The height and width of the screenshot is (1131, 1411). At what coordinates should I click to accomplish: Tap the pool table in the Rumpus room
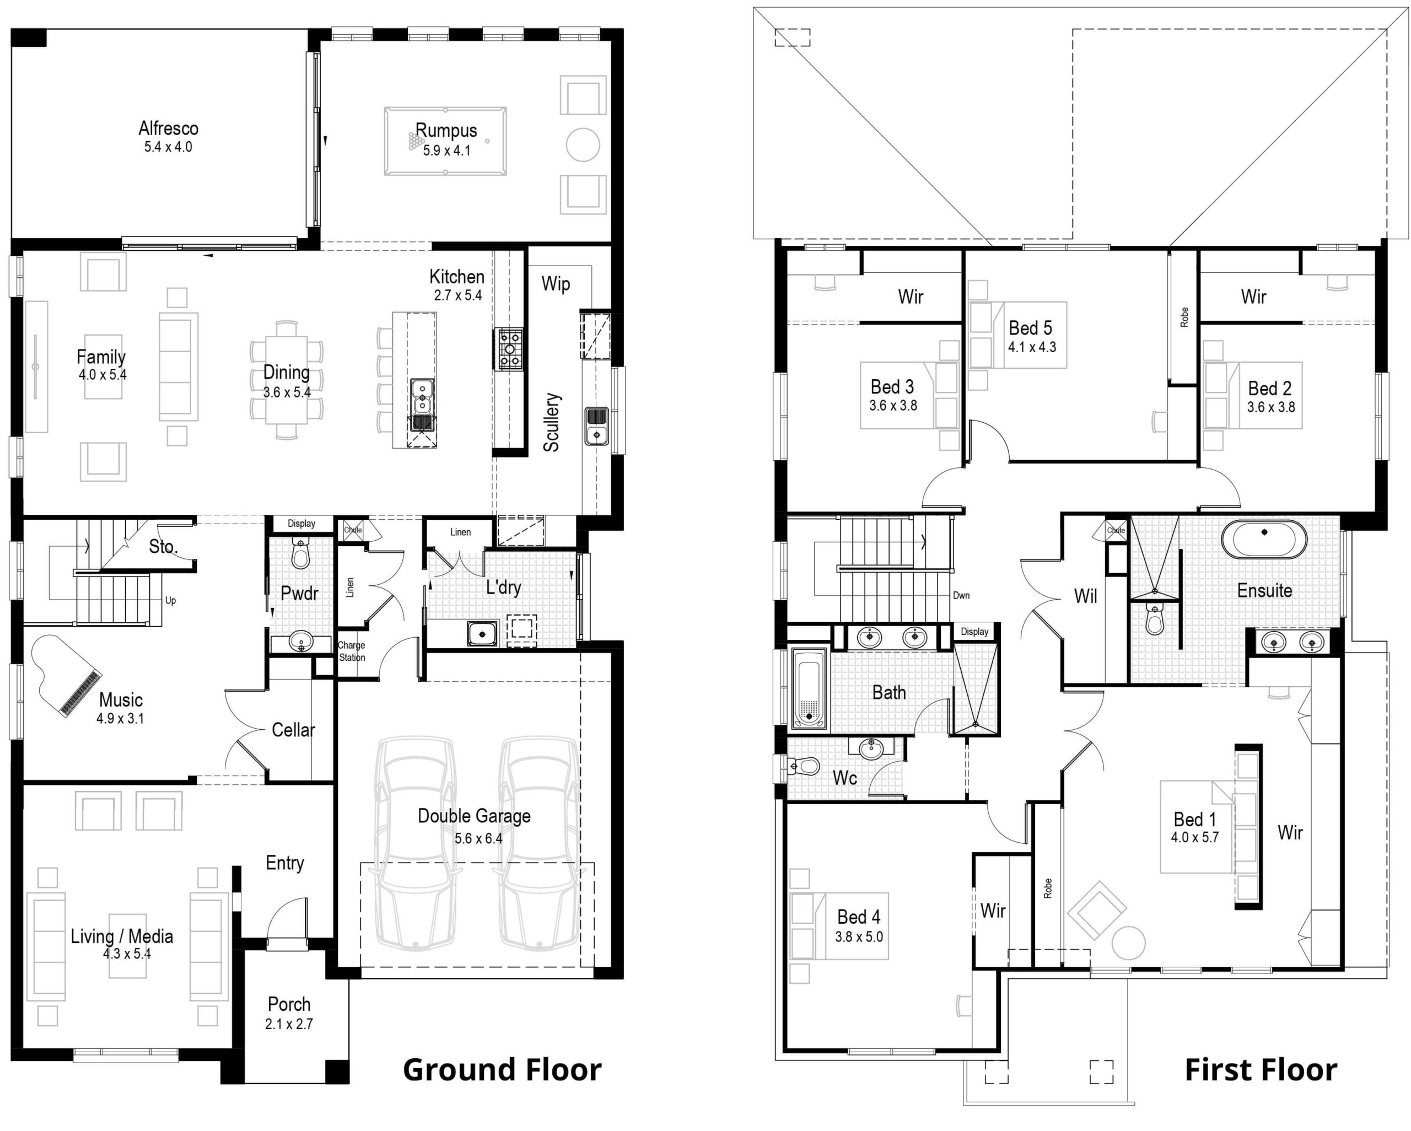point(445,141)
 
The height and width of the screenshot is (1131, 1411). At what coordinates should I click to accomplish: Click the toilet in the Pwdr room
point(300,553)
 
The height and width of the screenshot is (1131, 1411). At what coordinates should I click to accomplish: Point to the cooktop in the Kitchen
point(510,349)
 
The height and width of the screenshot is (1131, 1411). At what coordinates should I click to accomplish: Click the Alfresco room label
point(168,128)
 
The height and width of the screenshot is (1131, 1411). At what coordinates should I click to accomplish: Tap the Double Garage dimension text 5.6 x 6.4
point(478,838)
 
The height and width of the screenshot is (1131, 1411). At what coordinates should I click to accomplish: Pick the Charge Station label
point(352,651)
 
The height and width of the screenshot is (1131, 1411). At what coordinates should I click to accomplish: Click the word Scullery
point(552,422)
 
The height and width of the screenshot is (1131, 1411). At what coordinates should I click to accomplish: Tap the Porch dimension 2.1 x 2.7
point(289,1024)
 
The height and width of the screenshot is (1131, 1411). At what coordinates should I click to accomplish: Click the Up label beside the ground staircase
point(170,600)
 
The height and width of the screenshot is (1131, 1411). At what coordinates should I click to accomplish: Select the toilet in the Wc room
point(803,765)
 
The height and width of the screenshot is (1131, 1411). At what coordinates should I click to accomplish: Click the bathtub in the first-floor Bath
point(809,689)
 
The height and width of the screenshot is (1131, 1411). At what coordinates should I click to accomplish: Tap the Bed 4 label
point(859,917)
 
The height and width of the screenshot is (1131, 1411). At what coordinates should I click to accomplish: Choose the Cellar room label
point(293,730)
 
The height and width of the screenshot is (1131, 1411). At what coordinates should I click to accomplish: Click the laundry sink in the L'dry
point(482,634)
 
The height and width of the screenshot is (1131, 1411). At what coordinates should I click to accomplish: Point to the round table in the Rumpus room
point(583,144)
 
